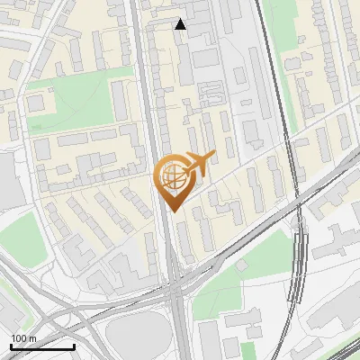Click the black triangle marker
click(x=181, y=24)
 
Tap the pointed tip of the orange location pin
click(x=172, y=211)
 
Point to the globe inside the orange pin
click(x=172, y=178)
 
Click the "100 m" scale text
click(x=24, y=338)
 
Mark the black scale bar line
click(x=42, y=346)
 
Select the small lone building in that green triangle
click(x=242, y=266)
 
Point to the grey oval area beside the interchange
click(x=135, y=337)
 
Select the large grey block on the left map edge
click(x=9, y=180)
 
